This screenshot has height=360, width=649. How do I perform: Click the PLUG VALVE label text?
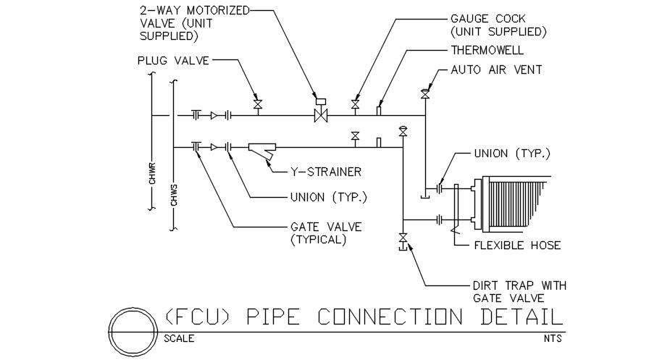coord(173,61)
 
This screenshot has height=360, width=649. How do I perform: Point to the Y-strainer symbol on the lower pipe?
coord(261,149)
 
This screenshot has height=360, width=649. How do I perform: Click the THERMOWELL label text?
coord(487,51)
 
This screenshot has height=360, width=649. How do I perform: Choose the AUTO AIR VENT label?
coord(496,70)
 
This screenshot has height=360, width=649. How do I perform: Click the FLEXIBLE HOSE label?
coord(517,246)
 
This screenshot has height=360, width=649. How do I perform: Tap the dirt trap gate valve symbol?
coord(402,238)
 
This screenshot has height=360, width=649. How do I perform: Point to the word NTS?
coord(553,338)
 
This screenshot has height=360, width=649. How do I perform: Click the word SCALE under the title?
coord(179,338)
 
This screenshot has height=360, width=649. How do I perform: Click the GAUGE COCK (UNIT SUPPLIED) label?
coord(498,25)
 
